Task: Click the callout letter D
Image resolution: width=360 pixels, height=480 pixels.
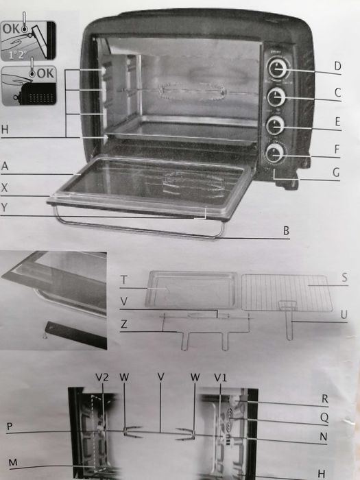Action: tap(337, 67)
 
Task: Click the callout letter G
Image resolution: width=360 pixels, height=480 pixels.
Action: tap(336, 173)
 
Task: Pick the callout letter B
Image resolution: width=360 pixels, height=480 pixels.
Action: tap(287, 231)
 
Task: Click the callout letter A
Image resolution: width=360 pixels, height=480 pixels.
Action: tap(5, 167)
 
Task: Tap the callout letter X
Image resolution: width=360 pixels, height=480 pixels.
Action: tap(5, 187)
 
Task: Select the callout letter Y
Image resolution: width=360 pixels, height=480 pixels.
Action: tap(5, 207)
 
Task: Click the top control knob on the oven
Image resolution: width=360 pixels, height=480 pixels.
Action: tap(276, 69)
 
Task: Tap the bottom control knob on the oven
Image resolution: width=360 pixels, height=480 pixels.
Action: tap(276, 154)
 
